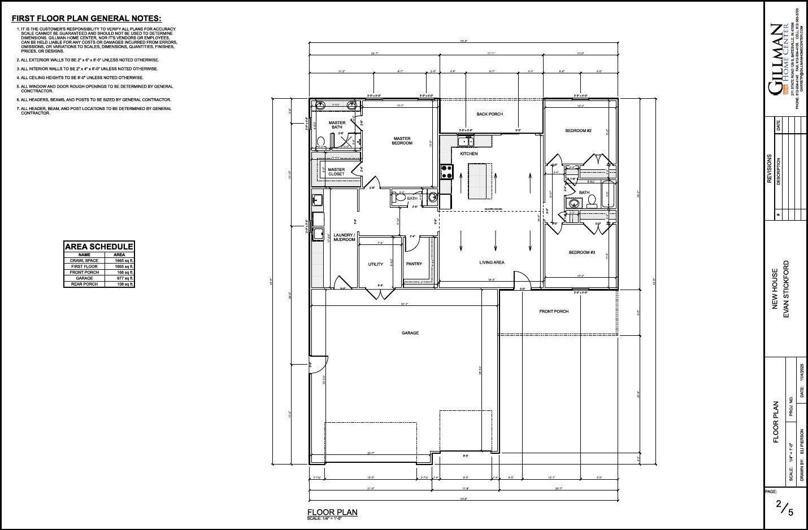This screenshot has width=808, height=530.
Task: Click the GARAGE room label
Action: (x=410, y=333)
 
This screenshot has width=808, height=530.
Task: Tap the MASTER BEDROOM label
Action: (x=402, y=141)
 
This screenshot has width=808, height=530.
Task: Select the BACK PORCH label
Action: (x=489, y=114)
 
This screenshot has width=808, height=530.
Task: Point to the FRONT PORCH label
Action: (x=554, y=312)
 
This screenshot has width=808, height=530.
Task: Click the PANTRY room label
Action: (x=414, y=264)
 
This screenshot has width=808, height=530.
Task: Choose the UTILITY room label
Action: (x=376, y=264)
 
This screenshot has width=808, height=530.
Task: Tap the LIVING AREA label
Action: (x=492, y=262)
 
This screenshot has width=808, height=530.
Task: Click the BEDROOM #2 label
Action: (x=578, y=131)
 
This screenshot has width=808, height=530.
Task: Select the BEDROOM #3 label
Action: (x=581, y=252)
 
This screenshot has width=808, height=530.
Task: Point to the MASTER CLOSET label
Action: (x=336, y=172)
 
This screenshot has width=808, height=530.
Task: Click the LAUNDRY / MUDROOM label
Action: (x=344, y=237)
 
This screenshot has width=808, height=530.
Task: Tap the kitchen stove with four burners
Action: (x=446, y=170)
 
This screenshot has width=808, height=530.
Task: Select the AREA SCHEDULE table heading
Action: (x=99, y=247)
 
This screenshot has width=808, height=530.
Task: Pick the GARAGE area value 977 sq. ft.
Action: (x=124, y=278)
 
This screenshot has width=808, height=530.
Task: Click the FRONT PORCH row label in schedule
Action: (x=84, y=272)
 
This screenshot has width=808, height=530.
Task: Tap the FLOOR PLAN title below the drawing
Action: (x=332, y=512)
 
